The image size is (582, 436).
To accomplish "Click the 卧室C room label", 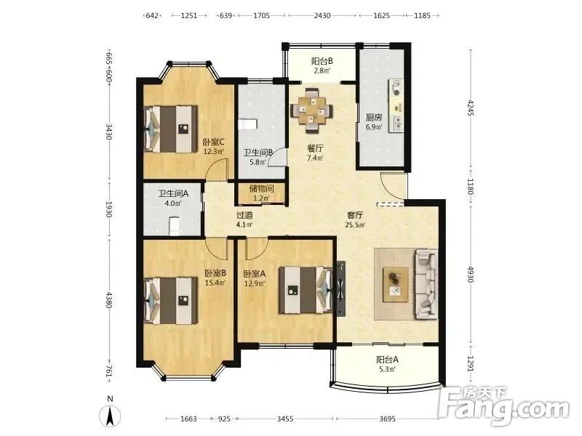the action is click(213, 142).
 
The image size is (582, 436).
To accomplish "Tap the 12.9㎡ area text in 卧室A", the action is click(254, 283).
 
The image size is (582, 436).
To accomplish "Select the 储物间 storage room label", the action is click(261, 188).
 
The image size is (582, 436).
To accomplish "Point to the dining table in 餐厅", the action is click(312, 110).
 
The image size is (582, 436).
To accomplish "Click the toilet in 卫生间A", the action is click(174, 226).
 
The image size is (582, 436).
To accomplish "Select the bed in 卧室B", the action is click(170, 300).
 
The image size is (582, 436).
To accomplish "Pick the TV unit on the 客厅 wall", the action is click(341, 288).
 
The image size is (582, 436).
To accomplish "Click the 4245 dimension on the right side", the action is click(470, 108).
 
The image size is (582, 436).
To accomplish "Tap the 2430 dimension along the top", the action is click(322, 15).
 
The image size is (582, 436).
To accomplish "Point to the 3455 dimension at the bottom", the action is click(285, 419).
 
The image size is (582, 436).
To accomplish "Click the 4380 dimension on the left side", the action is click(108, 299).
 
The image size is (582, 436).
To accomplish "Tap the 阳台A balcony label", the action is click(387, 360).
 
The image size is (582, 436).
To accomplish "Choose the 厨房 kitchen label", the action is click(374, 118).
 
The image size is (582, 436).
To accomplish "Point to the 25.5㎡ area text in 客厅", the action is click(355, 225).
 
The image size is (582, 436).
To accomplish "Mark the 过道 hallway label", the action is click(244, 215).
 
